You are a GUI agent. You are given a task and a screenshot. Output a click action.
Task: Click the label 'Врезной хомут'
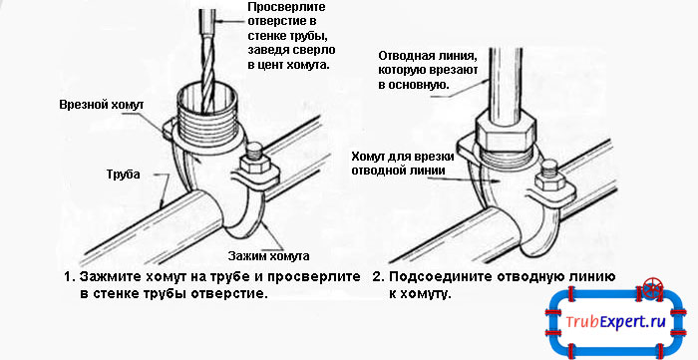[102, 106]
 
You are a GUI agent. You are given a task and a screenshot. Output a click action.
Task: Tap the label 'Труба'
[123, 175]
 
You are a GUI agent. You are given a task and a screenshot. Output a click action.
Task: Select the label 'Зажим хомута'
[268, 256]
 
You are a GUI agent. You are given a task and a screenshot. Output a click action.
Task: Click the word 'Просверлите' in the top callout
[286, 8]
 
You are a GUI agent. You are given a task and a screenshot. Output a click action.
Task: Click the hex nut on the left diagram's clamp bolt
[255, 165]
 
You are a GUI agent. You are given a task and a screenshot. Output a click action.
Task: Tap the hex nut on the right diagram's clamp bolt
[549, 181]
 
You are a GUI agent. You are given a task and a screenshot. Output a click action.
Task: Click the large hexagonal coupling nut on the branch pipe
[505, 131]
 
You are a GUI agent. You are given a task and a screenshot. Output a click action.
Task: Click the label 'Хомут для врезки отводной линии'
[403, 164]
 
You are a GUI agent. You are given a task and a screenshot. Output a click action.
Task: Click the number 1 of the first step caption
[68, 277]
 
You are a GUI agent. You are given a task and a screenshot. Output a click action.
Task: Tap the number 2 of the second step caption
[378, 277]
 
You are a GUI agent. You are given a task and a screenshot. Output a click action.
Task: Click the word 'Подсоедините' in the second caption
[434, 277]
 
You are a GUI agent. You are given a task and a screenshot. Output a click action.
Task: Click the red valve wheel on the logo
[652, 288]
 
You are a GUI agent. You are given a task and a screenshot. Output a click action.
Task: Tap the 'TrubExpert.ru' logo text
[615, 322]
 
